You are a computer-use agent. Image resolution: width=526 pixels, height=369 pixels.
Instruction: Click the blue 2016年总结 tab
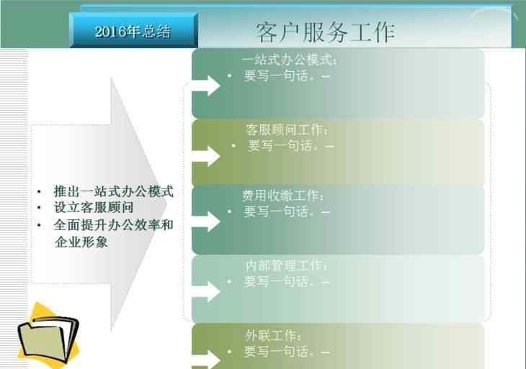click(133, 30)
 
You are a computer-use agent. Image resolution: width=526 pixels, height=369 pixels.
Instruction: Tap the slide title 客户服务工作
click(325, 32)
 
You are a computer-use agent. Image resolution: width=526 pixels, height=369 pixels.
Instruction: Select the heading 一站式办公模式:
click(289, 60)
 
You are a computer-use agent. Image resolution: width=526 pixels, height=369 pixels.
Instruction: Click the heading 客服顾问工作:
click(287, 130)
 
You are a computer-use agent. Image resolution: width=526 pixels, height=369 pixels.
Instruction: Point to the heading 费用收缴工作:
click(282, 196)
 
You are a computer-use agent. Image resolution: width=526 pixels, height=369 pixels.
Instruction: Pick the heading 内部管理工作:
click(287, 265)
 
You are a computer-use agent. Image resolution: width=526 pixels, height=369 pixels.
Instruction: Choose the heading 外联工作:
click(273, 335)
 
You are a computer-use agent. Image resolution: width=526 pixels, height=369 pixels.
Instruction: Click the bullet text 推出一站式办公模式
click(113, 191)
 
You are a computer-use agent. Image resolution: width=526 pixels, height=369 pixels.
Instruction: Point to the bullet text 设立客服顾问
click(94, 208)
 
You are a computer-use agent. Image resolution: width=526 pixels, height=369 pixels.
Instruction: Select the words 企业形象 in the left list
click(81, 242)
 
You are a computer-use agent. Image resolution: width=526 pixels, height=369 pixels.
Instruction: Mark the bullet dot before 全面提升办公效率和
click(39, 225)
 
